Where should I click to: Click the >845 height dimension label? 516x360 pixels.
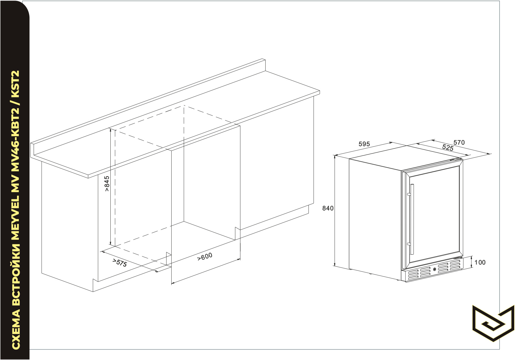click(107, 184)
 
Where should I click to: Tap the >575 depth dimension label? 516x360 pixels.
click(120, 263)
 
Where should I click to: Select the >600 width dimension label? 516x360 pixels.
click(205, 257)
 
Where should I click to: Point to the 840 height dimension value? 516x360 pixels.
click(328, 209)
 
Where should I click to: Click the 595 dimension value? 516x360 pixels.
click(364, 144)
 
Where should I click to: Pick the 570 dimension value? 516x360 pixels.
click(459, 143)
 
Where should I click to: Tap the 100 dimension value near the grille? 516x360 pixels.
click(480, 262)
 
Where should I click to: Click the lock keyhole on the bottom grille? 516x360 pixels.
click(435, 270)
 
